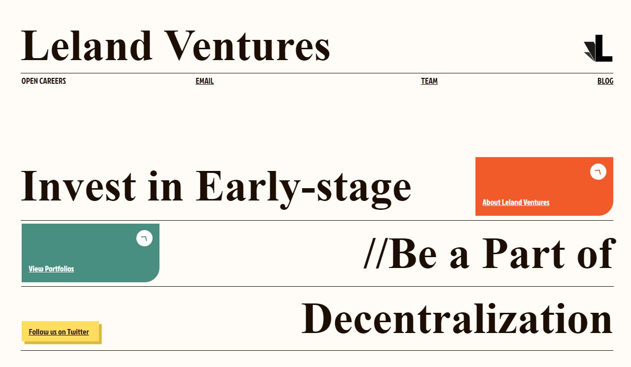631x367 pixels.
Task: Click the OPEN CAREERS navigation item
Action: (44, 81)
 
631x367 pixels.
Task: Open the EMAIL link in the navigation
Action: (205, 81)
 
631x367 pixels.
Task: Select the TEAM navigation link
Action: (429, 81)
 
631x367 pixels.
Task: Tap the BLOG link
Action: (605, 81)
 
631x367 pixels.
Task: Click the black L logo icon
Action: (599, 48)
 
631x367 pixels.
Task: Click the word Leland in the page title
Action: (87, 46)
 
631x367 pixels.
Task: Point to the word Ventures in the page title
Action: (247, 46)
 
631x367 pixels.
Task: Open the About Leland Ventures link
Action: (516, 202)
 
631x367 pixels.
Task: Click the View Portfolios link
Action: (51, 269)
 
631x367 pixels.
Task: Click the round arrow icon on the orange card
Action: (598, 171)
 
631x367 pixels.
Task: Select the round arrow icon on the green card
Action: (145, 238)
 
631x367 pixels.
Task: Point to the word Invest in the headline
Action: (79, 186)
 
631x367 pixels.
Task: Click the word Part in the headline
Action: (524, 253)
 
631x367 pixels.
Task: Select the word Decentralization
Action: (457, 319)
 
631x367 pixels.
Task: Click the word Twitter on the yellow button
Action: (78, 332)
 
